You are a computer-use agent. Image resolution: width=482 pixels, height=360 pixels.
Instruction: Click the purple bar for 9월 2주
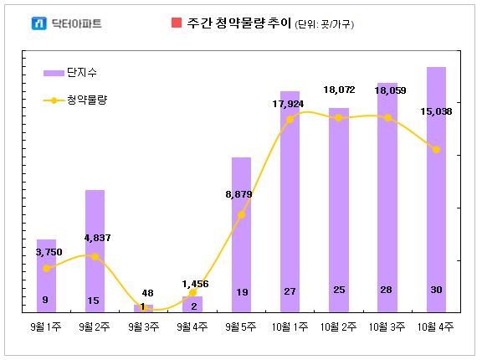point(95,251)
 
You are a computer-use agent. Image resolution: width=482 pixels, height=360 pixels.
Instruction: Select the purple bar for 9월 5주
point(241,235)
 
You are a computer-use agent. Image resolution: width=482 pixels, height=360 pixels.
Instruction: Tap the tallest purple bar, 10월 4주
point(436,190)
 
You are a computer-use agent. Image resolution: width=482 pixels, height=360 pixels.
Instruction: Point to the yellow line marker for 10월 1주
point(290,119)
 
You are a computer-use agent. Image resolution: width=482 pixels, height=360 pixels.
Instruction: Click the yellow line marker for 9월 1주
point(46,269)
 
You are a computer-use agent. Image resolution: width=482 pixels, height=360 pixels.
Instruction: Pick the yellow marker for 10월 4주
point(436,150)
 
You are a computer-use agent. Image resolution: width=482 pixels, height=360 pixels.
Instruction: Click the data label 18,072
point(339,90)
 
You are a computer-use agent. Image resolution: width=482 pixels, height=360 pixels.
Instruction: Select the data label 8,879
point(238,194)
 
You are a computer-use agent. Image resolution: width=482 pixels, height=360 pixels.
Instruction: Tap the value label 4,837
point(97,238)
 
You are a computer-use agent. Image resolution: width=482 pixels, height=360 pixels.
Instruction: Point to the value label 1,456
point(195,284)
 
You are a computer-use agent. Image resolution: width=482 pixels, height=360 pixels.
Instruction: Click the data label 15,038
point(436,111)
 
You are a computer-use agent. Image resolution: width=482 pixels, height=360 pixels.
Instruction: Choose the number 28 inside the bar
point(387,290)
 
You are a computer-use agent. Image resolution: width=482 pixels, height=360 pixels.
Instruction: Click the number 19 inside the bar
point(242,292)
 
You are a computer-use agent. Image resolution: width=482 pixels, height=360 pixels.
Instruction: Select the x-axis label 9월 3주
point(144,327)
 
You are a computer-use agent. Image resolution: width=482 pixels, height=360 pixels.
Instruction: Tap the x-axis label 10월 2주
point(338,327)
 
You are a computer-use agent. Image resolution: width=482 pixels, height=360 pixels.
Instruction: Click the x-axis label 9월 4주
point(192,327)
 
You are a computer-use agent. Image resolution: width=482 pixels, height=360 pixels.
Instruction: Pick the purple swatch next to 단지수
point(54,73)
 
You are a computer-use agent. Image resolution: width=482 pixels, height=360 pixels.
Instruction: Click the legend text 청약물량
point(87,100)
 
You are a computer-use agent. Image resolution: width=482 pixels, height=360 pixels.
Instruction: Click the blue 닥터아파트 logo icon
point(39,23)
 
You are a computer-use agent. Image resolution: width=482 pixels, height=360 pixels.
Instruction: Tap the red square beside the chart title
point(177,23)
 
